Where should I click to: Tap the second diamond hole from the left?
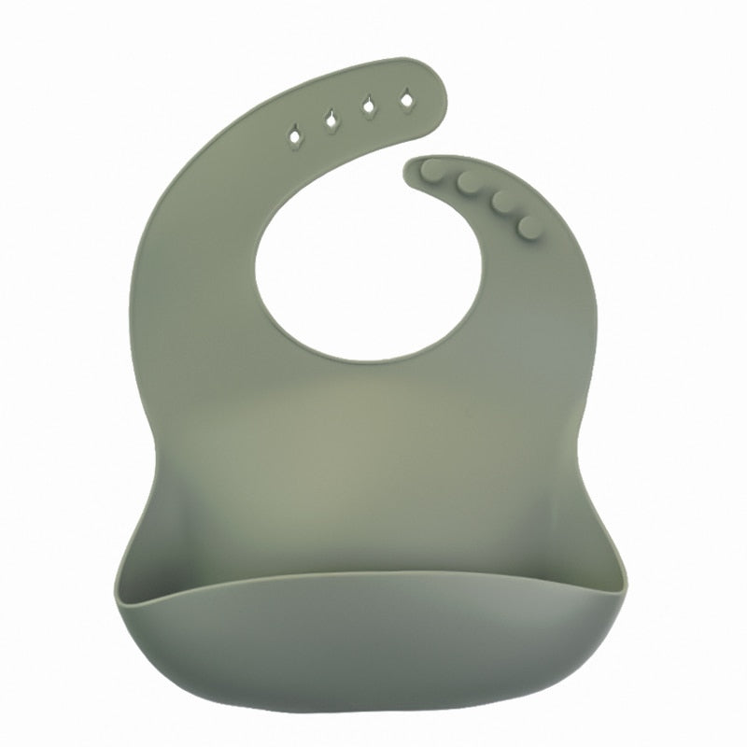click(x=331, y=119)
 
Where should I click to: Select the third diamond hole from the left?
click(x=369, y=105)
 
